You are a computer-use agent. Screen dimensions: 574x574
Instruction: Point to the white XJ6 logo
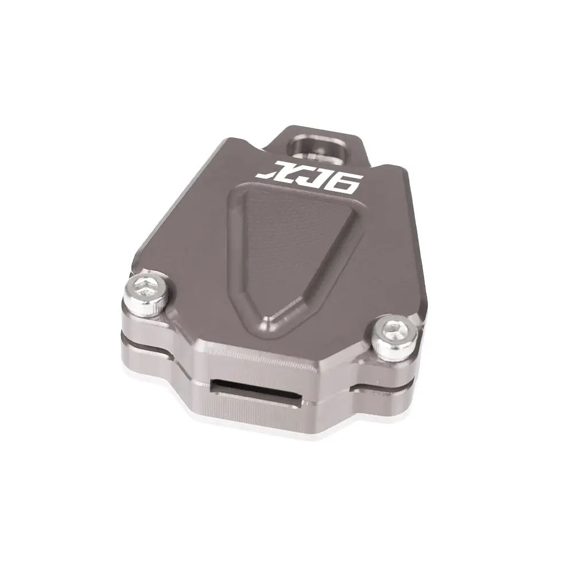tap(308, 175)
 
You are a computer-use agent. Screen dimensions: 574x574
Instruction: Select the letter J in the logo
tap(313, 176)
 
